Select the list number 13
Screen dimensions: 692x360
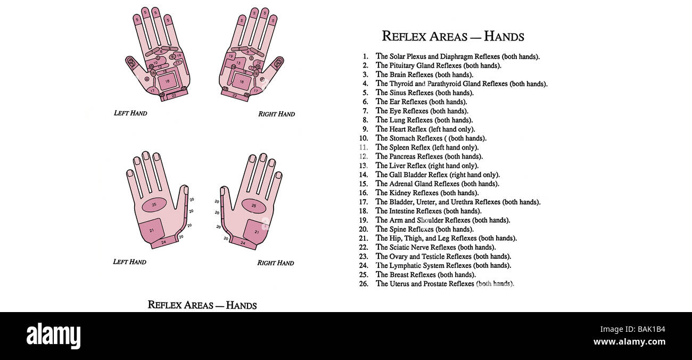coord(363,166)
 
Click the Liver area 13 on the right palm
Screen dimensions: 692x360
coord(238,63)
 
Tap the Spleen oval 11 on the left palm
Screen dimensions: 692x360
coord(178,63)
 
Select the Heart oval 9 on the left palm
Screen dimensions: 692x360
coord(172,57)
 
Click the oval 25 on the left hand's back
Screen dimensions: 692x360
coord(154,204)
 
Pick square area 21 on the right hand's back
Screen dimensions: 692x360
coord(256,232)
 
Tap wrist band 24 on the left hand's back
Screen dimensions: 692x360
coord(164,242)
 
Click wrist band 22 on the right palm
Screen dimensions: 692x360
coord(235,96)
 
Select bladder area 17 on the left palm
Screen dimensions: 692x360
coord(152,91)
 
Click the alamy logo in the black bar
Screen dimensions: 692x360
coord(53,335)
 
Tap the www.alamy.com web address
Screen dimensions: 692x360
coord(629,342)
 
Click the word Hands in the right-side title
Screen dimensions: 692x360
coord(504,36)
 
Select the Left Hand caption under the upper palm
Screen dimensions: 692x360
coord(130,113)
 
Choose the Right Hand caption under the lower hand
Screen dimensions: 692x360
coord(276,263)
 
